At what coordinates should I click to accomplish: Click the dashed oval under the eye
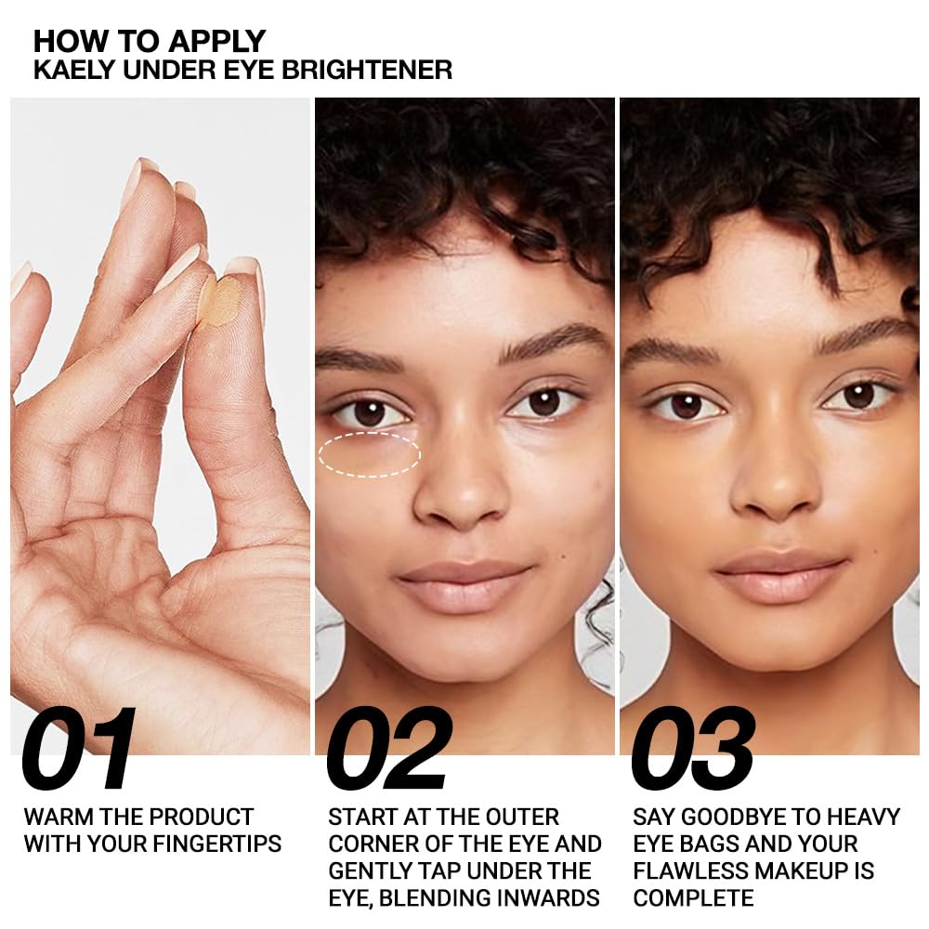coord(369,455)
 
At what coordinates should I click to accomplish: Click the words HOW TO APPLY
coord(150,42)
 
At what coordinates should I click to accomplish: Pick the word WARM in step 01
coord(54,817)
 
